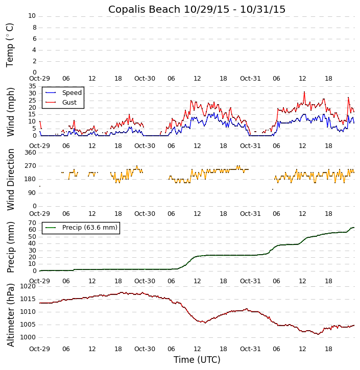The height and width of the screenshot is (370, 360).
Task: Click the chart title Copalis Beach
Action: [x=197, y=9]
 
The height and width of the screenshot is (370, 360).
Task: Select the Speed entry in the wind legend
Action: [x=71, y=93]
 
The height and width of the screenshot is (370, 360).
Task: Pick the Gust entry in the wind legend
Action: [x=69, y=103]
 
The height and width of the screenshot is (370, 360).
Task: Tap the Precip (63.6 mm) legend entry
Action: [x=89, y=228]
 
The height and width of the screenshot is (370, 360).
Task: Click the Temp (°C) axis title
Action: [x=10, y=45]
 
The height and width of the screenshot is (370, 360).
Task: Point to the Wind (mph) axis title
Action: [x=10, y=111]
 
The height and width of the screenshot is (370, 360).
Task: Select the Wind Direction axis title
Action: [x=10, y=180]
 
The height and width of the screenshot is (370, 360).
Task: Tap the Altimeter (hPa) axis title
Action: [x=10, y=314]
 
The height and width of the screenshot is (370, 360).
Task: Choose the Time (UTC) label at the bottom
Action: [x=197, y=360]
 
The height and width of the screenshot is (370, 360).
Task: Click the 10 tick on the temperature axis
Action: [x=32, y=16]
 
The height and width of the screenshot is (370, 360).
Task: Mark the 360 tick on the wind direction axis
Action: [x=30, y=153]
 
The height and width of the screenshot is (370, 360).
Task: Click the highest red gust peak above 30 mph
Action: [x=304, y=92]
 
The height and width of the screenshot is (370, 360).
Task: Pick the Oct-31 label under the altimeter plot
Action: [x=250, y=349]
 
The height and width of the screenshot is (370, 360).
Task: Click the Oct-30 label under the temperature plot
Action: [x=145, y=79]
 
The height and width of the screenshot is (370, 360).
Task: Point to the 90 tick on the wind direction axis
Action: [x=32, y=192]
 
